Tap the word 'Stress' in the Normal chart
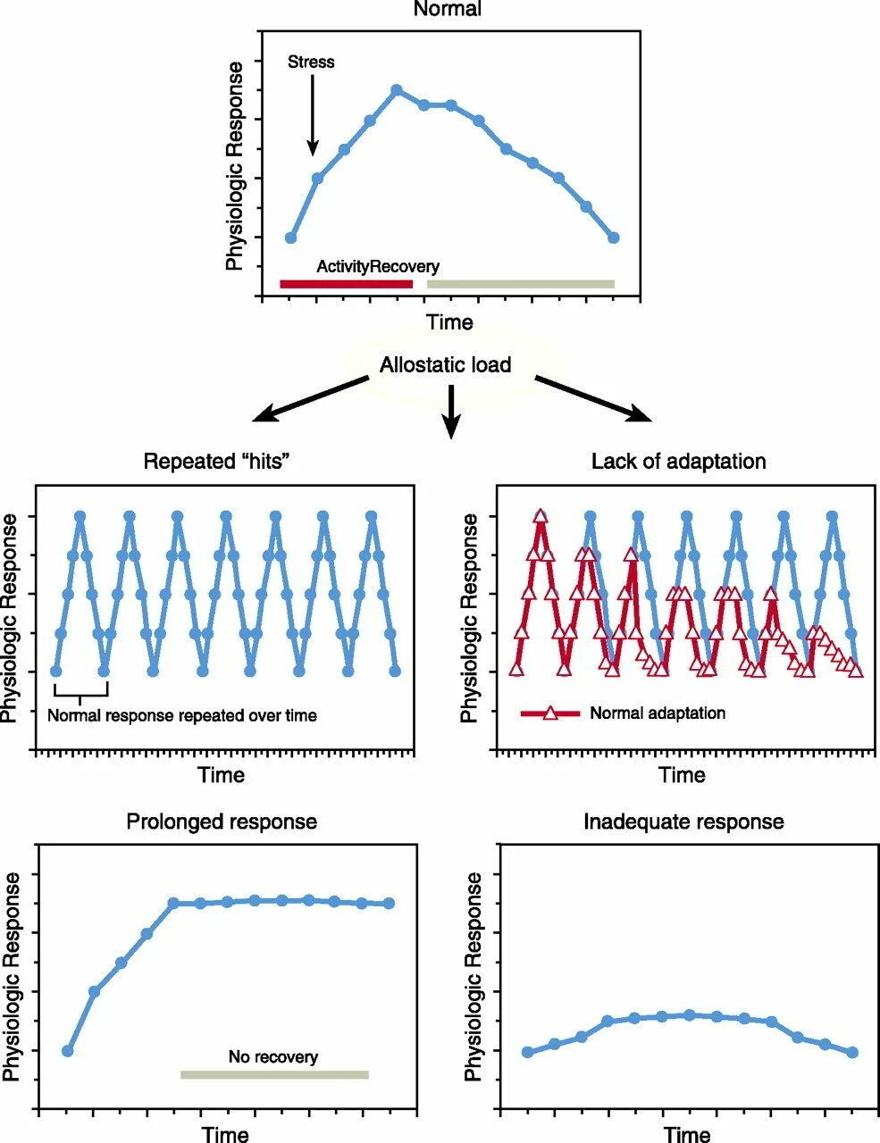[x=311, y=63]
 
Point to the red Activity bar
[x=346, y=284]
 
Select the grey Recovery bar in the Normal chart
[x=520, y=284]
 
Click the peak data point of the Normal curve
[x=397, y=89]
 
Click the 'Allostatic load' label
[x=445, y=364]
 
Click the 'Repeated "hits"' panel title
[x=218, y=462]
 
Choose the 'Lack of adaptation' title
[x=678, y=462]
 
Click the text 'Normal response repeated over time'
[x=181, y=715]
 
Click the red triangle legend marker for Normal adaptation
[x=550, y=713]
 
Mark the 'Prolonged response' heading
[x=222, y=822]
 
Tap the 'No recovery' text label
[x=272, y=1057]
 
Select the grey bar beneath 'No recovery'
[x=274, y=1074]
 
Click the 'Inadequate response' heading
[x=683, y=822]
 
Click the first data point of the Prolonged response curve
[x=67, y=1051]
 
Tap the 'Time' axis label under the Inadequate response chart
[x=688, y=1135]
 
